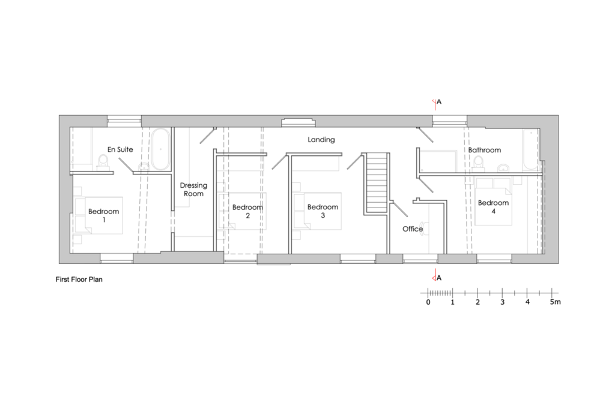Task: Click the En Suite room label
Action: click(120, 149)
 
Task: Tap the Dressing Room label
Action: click(194, 190)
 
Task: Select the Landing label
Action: click(321, 140)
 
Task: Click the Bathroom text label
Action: click(485, 150)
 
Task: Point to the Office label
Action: click(413, 229)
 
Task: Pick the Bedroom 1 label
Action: click(103, 215)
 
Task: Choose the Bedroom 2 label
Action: click(247, 211)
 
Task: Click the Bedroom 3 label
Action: click(323, 210)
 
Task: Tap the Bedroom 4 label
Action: click(494, 207)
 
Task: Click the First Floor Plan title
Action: click(79, 279)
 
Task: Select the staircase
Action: click(376, 184)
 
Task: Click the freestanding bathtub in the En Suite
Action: click(161, 149)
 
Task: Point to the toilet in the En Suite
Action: click(103, 162)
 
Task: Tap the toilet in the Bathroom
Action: click(479, 163)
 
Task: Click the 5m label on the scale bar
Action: click(555, 302)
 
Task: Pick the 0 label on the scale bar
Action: click(428, 302)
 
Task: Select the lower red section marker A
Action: click(437, 276)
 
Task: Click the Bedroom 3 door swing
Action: click(354, 161)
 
